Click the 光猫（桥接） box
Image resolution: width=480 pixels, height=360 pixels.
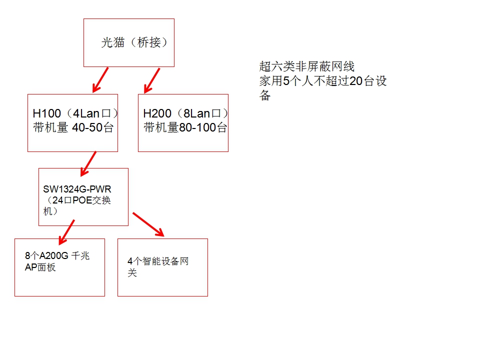tap(129, 42)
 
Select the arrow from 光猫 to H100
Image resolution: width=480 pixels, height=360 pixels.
tap(100, 80)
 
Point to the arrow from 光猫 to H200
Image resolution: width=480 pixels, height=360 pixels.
tap(151, 80)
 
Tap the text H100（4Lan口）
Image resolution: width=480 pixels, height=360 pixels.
tap(75, 113)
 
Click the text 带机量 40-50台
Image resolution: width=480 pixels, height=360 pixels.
tap(73, 127)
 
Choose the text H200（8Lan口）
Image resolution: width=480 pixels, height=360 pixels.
tap(185, 113)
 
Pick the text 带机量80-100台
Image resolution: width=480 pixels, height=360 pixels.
tap(185, 127)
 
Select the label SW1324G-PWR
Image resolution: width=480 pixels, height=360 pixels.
tap(77, 189)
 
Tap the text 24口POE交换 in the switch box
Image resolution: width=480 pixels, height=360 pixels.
tap(83, 200)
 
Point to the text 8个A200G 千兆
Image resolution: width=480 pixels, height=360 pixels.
tap(57, 256)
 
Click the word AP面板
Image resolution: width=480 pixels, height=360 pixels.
tap(40, 267)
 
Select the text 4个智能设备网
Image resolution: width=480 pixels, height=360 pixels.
tap(158, 261)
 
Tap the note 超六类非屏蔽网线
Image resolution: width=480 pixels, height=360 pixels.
tap(307, 66)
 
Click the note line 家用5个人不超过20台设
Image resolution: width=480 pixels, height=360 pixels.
tap(323, 81)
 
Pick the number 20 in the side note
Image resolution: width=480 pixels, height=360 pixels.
tap(355, 81)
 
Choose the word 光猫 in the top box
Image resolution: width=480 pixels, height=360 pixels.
tap(112, 43)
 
